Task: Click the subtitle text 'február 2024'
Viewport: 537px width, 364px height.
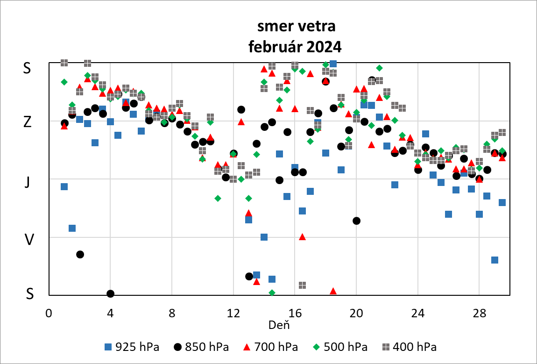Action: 295,47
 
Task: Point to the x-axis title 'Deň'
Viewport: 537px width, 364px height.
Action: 279,324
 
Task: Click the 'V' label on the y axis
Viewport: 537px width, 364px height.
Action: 29,240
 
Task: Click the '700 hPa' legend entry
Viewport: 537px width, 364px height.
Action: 271,347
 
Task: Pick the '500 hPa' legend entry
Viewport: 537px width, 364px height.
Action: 340,347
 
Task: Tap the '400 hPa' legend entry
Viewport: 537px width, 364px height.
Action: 410,347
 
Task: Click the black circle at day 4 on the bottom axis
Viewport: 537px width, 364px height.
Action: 110,293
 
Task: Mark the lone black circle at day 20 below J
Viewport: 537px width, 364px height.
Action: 356,221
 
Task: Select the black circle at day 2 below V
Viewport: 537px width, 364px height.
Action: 80,254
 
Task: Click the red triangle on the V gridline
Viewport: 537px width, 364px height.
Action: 302,236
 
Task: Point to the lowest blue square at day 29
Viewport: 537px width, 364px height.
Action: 495,260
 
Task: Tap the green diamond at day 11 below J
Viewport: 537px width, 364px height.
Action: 218,198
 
